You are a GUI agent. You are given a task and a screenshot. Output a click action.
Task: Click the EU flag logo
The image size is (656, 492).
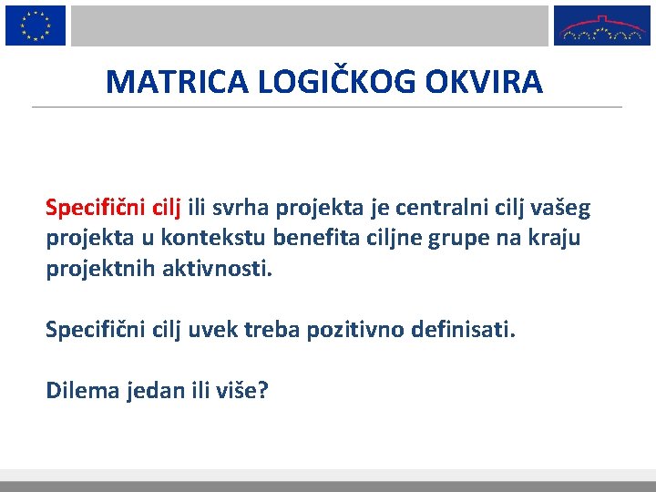(36, 25)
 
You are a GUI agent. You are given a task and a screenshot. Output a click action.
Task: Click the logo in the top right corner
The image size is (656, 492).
(602, 26)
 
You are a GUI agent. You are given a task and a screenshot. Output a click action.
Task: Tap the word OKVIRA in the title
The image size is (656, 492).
(483, 82)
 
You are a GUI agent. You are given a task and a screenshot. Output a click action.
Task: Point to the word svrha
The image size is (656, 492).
(243, 209)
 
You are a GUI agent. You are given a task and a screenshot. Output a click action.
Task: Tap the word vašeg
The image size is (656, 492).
(559, 210)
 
